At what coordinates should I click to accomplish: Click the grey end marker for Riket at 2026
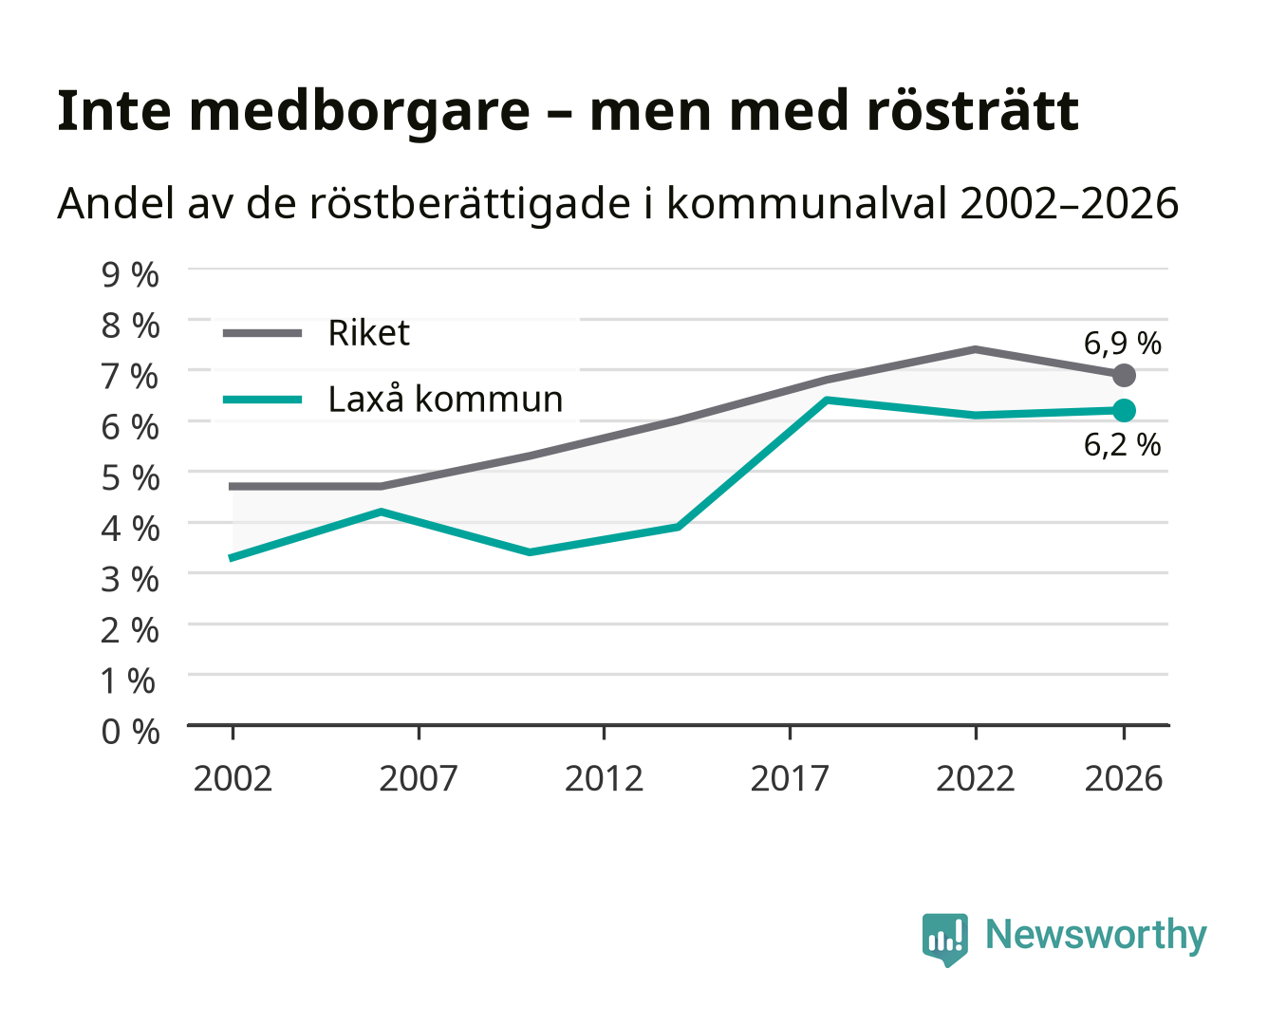[1124, 376]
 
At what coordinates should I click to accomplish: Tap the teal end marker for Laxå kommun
[1124, 410]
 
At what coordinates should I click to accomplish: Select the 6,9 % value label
[1122, 344]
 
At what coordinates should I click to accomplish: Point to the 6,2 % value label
[1122, 445]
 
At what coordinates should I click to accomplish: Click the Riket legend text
[368, 332]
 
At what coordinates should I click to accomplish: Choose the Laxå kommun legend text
[445, 399]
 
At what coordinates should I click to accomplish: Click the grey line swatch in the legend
[263, 333]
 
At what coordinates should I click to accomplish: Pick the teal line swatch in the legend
[263, 400]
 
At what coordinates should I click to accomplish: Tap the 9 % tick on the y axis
[130, 275]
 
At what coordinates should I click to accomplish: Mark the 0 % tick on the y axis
[130, 732]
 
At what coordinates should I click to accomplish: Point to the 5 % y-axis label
[130, 478]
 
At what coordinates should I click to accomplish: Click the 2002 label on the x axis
[233, 778]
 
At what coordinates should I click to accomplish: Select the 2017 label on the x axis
[790, 778]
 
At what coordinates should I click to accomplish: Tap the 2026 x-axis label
[1124, 778]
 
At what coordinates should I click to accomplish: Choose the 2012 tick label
[604, 778]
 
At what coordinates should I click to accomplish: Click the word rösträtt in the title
[973, 111]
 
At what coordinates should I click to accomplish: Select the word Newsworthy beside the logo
[1096, 936]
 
